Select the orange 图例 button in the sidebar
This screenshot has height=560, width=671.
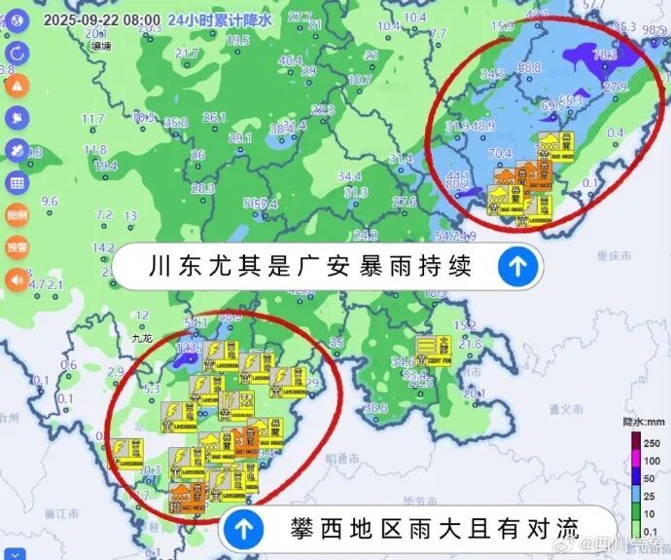point(17,214)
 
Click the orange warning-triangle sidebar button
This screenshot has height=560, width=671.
point(17,85)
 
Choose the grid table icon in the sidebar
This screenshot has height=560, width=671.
point(17,182)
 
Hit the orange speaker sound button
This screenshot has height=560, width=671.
point(17,280)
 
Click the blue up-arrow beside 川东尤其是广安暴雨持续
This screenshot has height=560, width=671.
point(519,266)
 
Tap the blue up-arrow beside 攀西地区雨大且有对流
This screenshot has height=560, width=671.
point(244,529)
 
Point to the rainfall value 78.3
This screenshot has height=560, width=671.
point(605,56)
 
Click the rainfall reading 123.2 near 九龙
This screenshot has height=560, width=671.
point(188,346)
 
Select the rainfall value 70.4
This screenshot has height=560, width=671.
point(500,153)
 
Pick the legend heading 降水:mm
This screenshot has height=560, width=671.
point(643,423)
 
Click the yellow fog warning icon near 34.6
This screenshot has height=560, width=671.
point(429,348)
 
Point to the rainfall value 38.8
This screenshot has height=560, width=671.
point(377,407)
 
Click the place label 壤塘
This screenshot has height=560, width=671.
point(99,45)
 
